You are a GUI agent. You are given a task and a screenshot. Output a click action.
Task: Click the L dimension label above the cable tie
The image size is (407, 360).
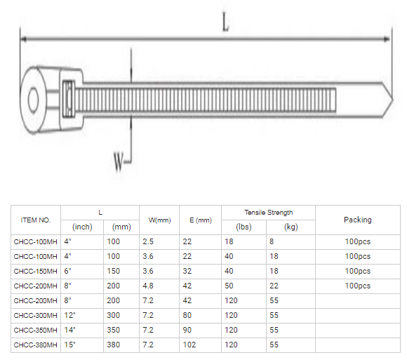225,23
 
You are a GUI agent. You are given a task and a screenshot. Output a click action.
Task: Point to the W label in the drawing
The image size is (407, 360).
118,164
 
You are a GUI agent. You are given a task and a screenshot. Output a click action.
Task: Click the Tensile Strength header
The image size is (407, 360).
268,213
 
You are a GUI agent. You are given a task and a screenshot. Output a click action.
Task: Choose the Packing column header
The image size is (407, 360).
357,220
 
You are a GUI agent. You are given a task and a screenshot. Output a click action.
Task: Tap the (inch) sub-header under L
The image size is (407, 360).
82,227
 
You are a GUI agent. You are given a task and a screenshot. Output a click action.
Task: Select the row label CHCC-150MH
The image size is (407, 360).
35,271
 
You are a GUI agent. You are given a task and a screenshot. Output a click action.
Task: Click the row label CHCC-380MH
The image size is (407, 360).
35,345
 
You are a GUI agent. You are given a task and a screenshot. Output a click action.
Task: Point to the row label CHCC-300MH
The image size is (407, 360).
35,315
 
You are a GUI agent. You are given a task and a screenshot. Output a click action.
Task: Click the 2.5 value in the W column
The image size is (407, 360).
148,241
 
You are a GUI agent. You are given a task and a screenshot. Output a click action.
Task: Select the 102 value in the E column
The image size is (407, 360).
189,345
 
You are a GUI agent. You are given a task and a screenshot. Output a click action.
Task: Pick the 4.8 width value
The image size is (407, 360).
148,286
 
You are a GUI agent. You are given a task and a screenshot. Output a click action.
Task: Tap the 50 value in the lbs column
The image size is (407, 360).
229,286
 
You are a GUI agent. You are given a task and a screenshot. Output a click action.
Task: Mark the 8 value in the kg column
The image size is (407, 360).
272,241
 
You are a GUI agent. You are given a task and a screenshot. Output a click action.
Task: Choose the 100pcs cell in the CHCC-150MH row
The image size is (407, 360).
357,271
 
